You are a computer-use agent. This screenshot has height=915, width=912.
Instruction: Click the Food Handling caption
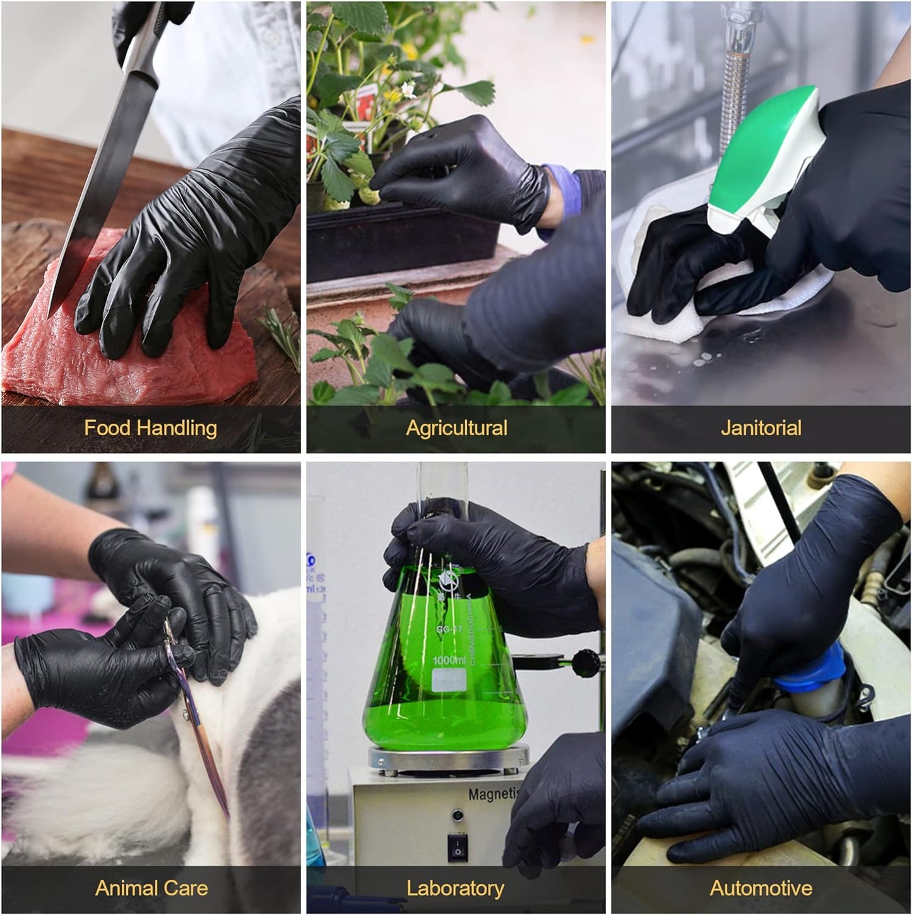150,428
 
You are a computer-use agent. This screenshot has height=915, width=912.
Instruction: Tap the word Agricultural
456,428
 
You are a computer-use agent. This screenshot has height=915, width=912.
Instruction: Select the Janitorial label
761,428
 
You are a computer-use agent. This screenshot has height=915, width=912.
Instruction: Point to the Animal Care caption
151,888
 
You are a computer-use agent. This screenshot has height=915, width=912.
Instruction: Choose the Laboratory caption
455,888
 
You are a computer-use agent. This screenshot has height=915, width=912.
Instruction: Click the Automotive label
761,888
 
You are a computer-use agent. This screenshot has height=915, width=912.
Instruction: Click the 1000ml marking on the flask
449,661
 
